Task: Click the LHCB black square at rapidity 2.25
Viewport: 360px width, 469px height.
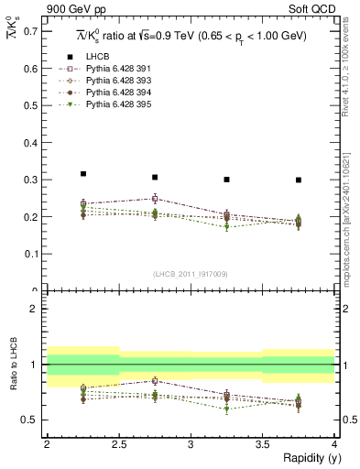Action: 83,173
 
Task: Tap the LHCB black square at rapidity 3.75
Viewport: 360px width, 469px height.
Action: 299,180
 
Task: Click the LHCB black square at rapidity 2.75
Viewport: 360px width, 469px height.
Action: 155,177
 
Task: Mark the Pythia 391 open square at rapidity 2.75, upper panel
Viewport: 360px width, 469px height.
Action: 155,198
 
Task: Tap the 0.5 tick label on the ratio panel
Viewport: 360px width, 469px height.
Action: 29,420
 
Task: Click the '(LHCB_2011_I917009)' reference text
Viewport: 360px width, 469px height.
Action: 191,274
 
